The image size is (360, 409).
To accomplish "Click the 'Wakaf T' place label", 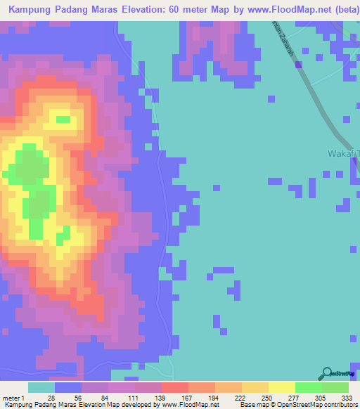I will [343, 153].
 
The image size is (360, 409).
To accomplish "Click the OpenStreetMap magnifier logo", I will [327, 374].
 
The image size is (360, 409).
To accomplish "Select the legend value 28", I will [51, 398].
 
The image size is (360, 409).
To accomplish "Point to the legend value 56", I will [79, 398].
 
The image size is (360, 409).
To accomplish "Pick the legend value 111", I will [132, 398].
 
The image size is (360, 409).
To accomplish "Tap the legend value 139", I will [159, 398].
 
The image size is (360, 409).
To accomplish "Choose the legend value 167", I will [186, 398].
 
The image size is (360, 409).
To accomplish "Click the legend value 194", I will [212, 398].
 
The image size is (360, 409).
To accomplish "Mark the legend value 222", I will [239, 398].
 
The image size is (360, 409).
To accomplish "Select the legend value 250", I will [266, 398].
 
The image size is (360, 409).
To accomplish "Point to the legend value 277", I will [292, 398].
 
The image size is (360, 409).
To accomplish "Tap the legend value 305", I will [319, 398].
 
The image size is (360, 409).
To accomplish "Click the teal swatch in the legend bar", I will [41, 387].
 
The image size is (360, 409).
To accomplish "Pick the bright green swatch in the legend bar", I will [308, 387].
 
